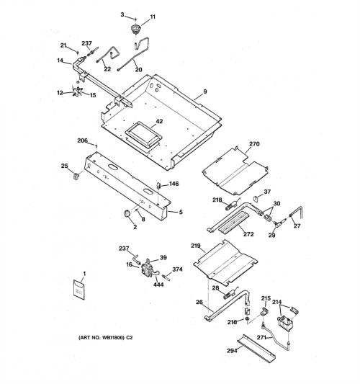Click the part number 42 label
click(159, 121)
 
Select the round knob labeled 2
click(127, 213)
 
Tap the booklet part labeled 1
click(79, 289)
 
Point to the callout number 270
click(254, 144)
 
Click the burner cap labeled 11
click(135, 29)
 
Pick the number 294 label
click(232, 351)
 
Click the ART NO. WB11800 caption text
click(105, 337)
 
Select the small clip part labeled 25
click(77, 176)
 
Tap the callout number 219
click(196, 246)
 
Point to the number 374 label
click(177, 269)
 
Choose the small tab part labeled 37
click(256, 198)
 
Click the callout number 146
click(174, 184)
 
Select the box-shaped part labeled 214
click(285, 323)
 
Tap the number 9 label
click(205, 91)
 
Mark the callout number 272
click(248, 234)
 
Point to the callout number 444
click(158, 285)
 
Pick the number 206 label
click(82, 140)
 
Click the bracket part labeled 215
click(264, 311)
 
